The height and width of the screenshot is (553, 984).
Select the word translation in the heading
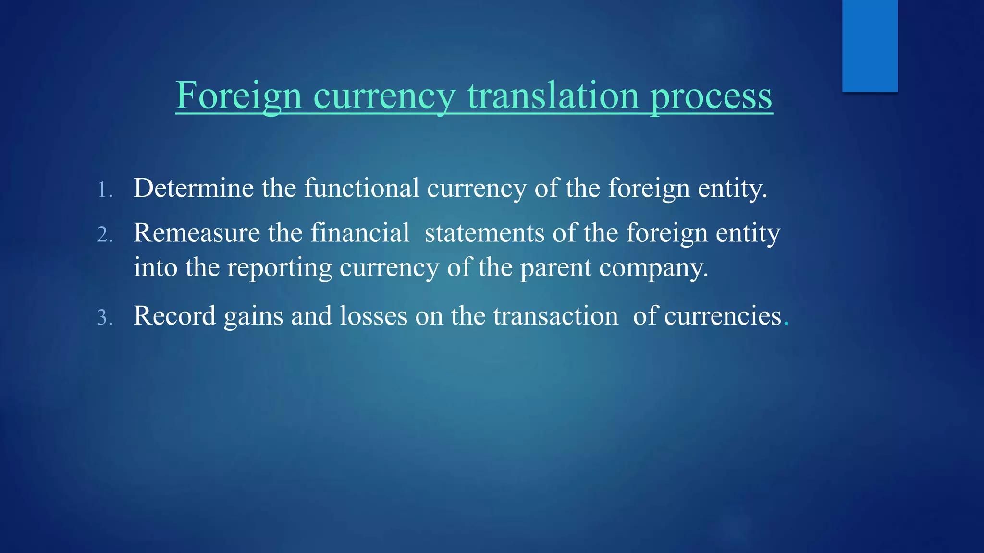pyautogui.click(x=553, y=96)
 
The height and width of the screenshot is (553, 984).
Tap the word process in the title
pyautogui.click(x=711, y=96)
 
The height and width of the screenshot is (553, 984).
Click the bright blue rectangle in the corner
pyautogui.click(x=870, y=46)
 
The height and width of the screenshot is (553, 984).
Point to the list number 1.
pyautogui.click(x=104, y=190)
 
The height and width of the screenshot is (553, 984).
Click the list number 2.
pyautogui.click(x=104, y=235)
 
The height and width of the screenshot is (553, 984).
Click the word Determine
pyautogui.click(x=193, y=188)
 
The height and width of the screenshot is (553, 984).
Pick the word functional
pyautogui.click(x=361, y=188)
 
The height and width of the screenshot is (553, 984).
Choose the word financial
pyautogui.click(x=360, y=233)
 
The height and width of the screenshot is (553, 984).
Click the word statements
pyautogui.click(x=484, y=233)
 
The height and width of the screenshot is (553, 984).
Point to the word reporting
pyautogui.click(x=279, y=267)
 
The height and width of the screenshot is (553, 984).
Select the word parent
pyautogui.click(x=555, y=267)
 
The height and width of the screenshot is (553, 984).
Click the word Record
pyautogui.click(x=174, y=316)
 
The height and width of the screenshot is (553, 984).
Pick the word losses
pyautogui.click(x=373, y=316)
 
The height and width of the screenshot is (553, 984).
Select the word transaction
pyautogui.click(x=555, y=316)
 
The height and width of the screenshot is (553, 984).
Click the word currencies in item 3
pyautogui.click(x=723, y=316)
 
